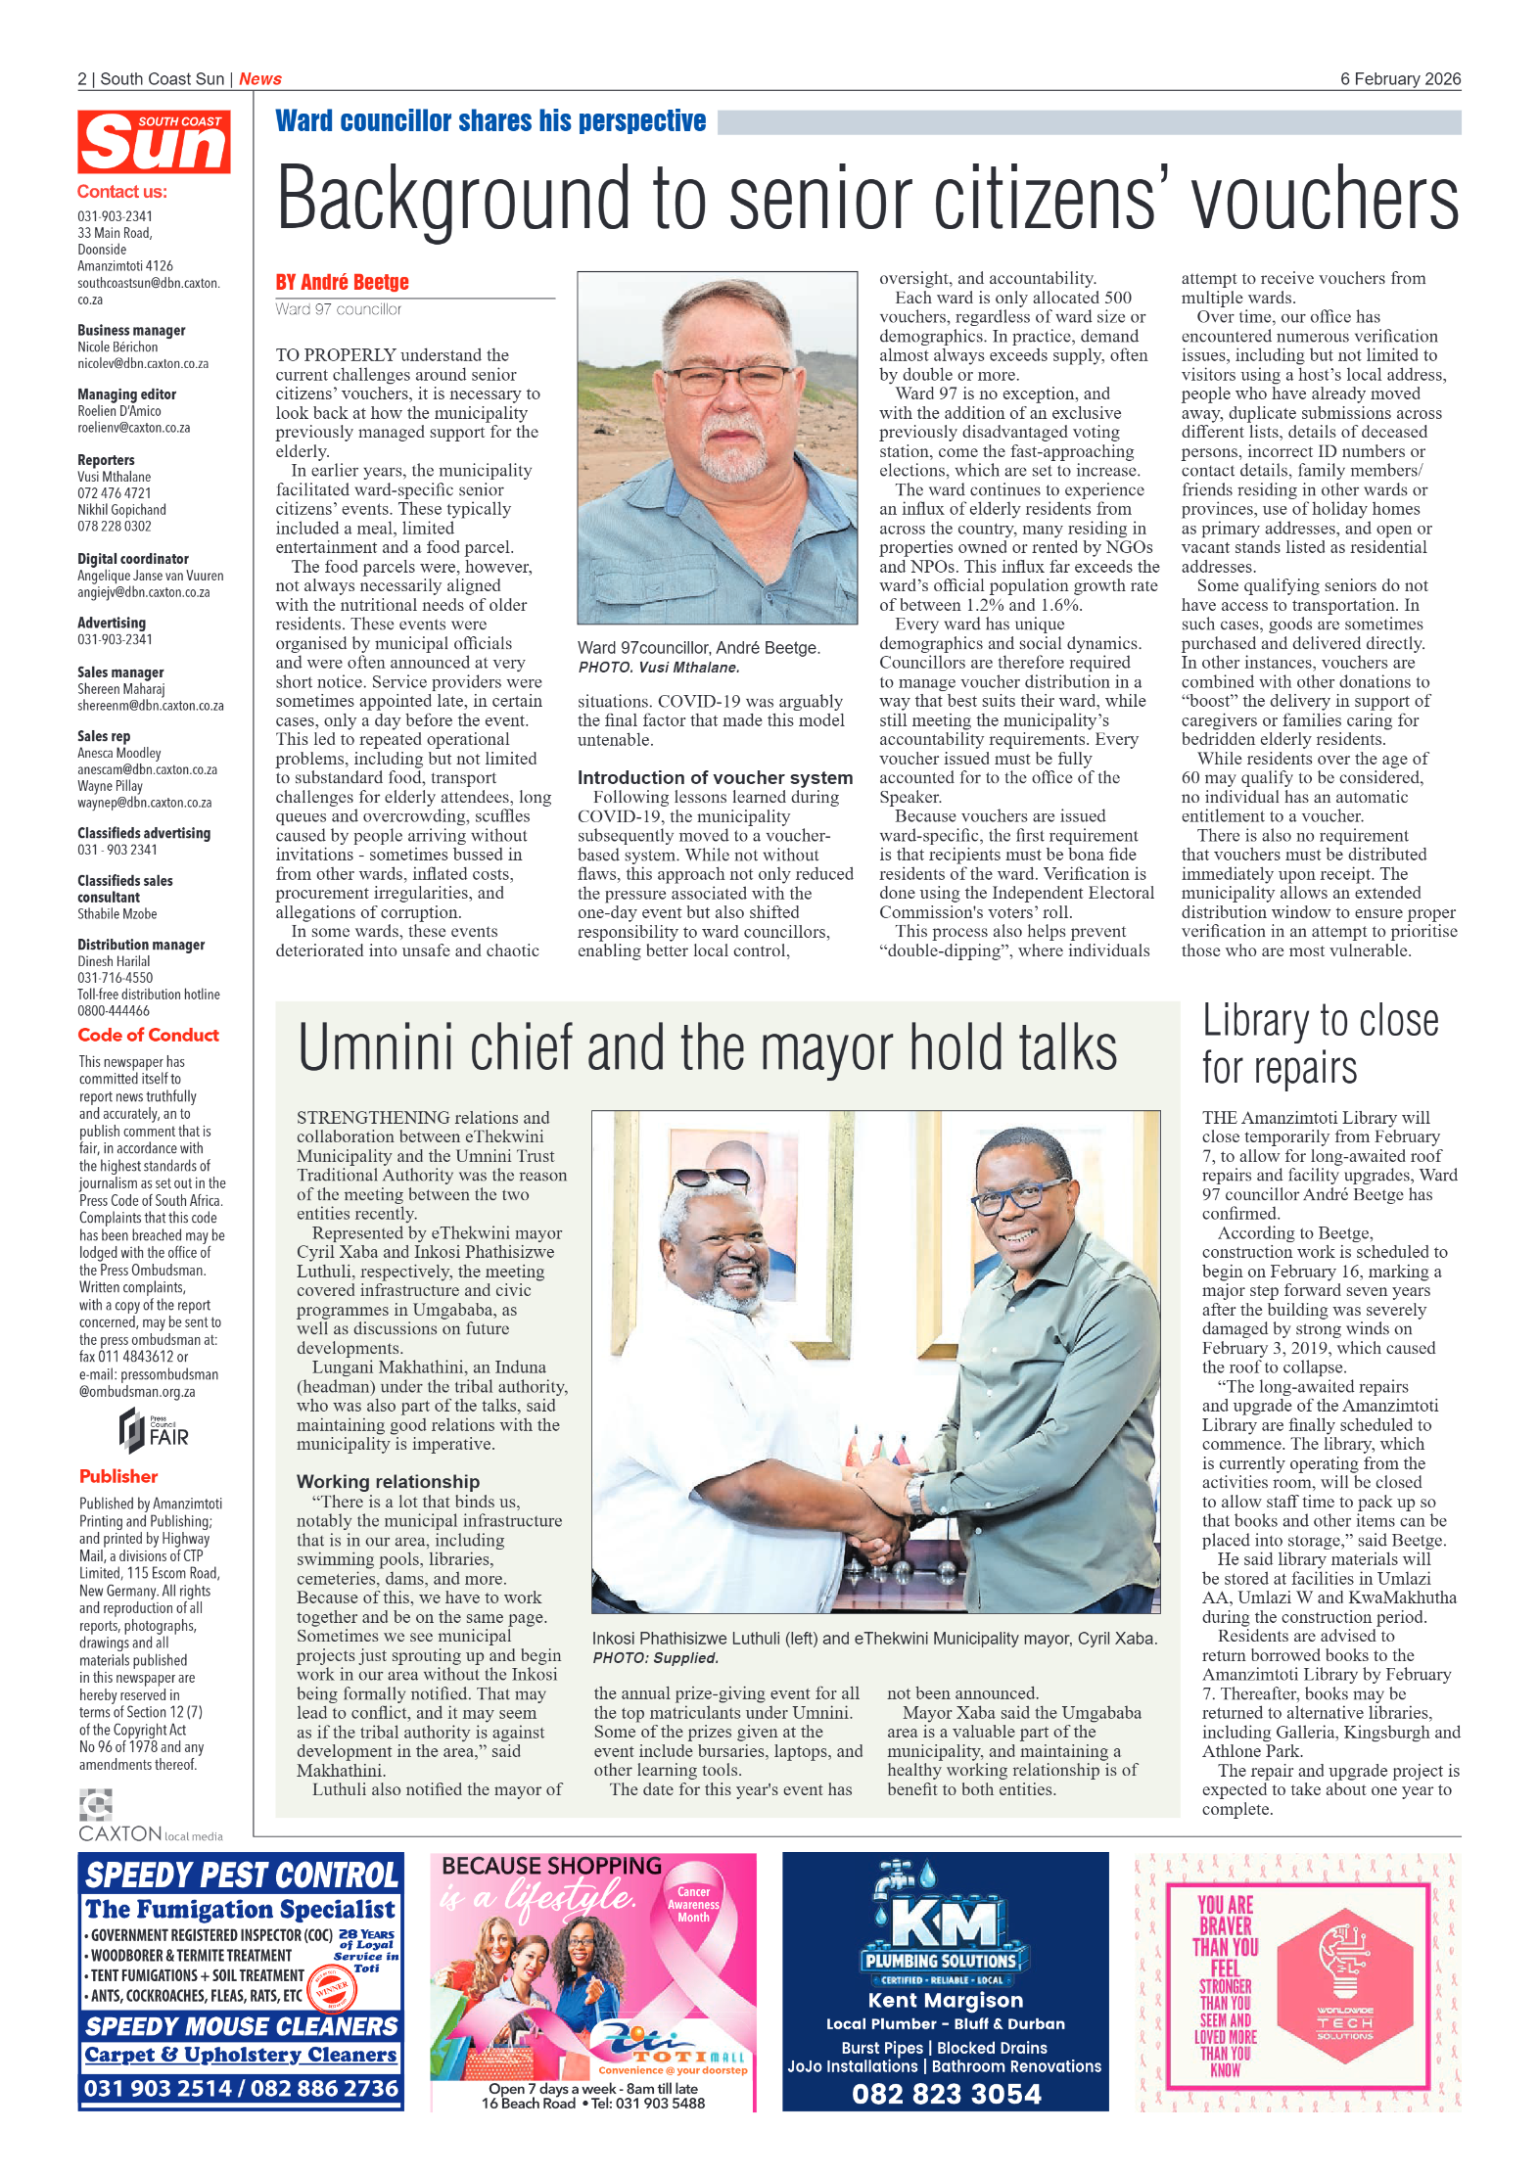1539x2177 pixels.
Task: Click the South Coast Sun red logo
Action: pyautogui.click(x=154, y=143)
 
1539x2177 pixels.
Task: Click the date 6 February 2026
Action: pyautogui.click(x=1400, y=79)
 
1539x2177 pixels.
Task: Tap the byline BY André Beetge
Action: pyautogui.click(x=342, y=283)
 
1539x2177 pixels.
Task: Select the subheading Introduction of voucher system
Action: pyautogui.click(x=715, y=777)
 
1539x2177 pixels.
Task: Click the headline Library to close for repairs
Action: pyautogui.click(x=1320, y=1043)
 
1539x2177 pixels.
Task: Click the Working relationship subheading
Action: pyautogui.click(x=388, y=1481)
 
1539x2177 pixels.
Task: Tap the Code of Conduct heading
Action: pyautogui.click(x=148, y=1035)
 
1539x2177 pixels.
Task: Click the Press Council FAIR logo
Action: pyautogui.click(x=153, y=1431)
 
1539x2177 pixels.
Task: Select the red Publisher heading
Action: pyautogui.click(x=118, y=1476)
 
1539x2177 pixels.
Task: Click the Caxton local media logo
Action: pyautogui.click(x=149, y=1817)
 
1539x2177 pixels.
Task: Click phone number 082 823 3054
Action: pyautogui.click(x=946, y=2093)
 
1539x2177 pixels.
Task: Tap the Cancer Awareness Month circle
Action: pyautogui.click(x=693, y=1905)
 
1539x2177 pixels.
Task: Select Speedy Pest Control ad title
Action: pyautogui.click(x=241, y=1875)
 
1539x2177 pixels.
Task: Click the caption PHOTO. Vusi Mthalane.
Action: pyautogui.click(x=658, y=668)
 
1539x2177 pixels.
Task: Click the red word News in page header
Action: pyautogui.click(x=259, y=79)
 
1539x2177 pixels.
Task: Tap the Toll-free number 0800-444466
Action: pyautogui.click(x=114, y=1011)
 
